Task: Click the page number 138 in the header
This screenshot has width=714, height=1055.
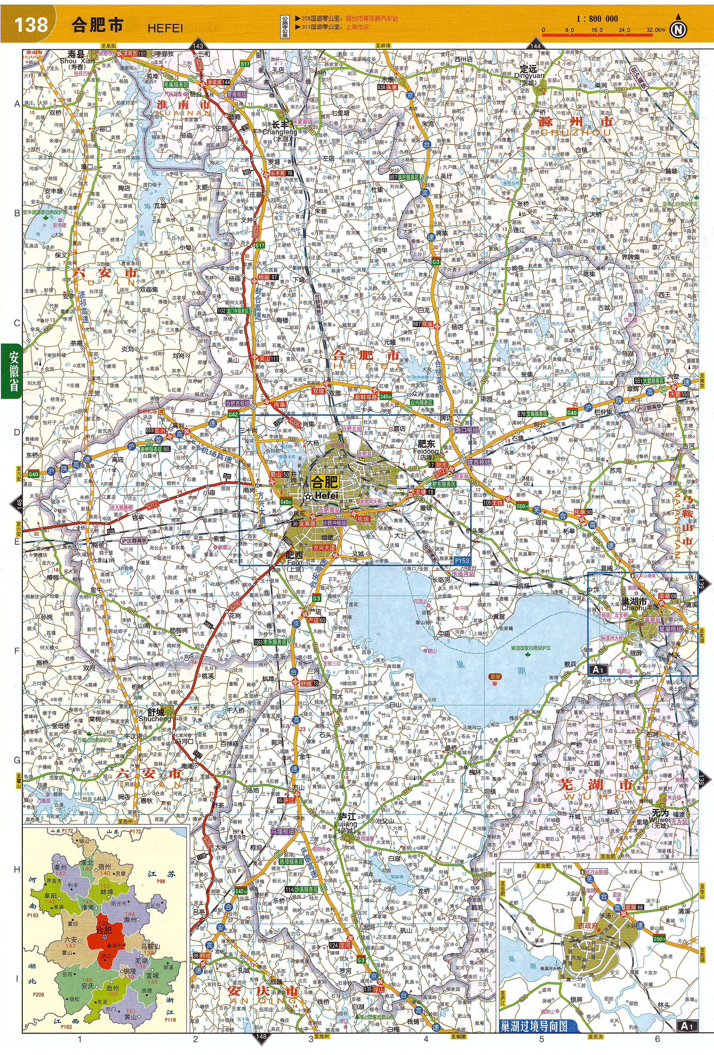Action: coord(31,24)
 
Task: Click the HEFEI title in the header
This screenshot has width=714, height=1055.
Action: coord(165,28)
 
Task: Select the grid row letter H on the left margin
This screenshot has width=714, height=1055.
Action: coord(17,869)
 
